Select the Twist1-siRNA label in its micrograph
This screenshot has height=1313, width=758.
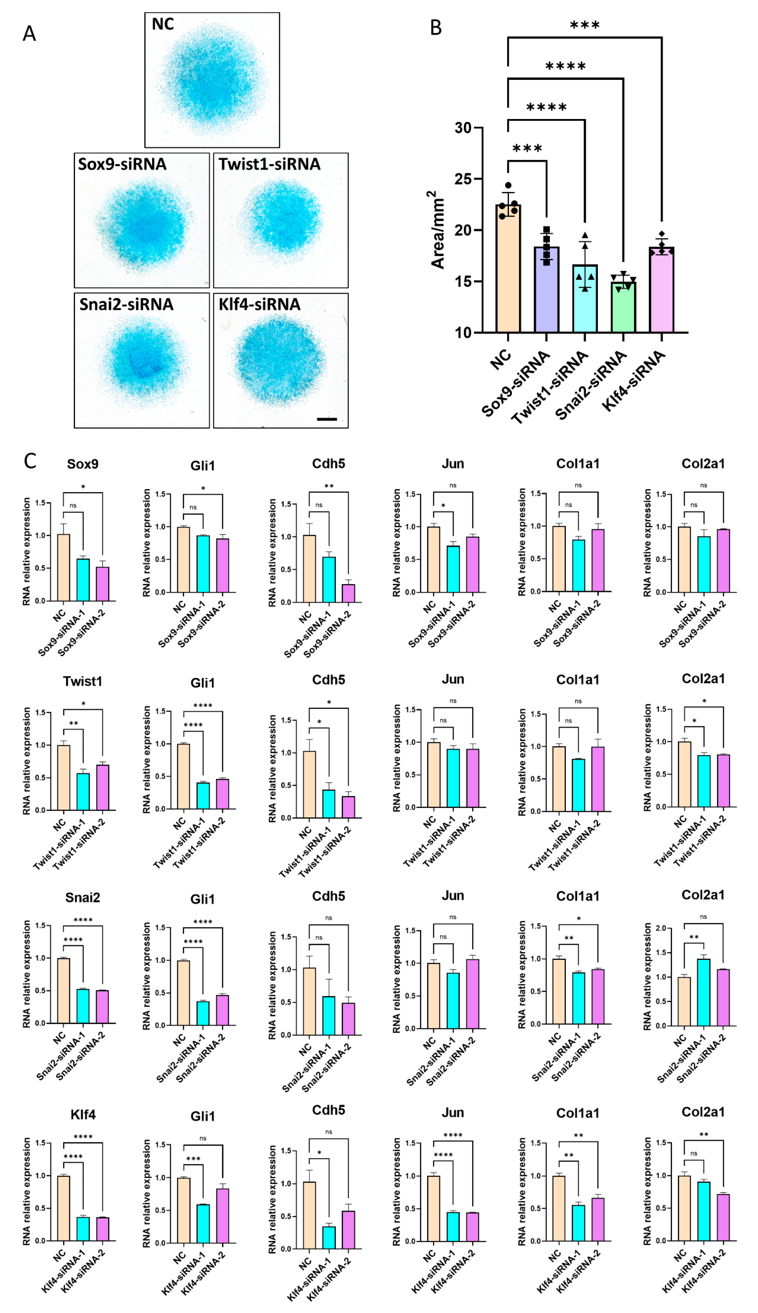click(x=269, y=164)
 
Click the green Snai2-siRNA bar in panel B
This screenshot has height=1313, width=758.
click(x=623, y=307)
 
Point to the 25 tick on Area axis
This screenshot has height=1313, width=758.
click(x=463, y=179)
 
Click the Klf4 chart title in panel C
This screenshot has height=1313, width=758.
click(x=83, y=1114)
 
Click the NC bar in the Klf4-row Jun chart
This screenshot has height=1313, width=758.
click(x=433, y=1208)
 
